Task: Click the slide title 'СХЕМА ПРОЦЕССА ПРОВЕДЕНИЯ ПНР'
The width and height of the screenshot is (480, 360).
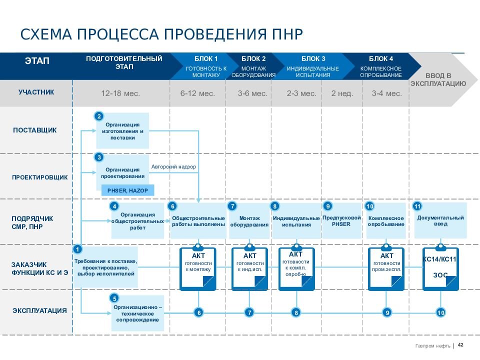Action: [161, 35]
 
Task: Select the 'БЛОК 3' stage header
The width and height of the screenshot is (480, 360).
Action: [313, 59]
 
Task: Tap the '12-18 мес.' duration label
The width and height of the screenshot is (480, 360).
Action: [120, 93]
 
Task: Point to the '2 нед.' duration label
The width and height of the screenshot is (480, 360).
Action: [342, 93]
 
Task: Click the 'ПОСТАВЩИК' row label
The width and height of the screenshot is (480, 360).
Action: [34, 130]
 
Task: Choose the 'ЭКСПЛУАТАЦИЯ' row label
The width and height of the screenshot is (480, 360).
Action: [39, 310]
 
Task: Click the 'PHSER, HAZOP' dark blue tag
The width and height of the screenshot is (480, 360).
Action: [127, 190]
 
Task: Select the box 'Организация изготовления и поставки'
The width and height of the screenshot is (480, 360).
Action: [122, 131]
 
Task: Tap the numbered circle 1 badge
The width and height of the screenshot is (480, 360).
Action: [78, 249]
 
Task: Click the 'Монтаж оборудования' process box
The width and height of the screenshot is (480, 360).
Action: [249, 221]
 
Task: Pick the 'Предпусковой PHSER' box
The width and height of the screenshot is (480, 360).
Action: [341, 221]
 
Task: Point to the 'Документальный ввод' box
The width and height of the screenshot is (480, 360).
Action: [440, 220]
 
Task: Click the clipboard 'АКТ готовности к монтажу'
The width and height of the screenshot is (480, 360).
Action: [198, 269]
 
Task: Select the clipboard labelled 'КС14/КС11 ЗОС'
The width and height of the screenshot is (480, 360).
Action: [440, 269]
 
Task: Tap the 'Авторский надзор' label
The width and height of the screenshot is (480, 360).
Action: [173, 166]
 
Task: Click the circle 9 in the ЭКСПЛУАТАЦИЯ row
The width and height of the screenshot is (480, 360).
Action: [386, 313]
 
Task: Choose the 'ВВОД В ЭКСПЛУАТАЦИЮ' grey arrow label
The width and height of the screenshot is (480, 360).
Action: [438, 79]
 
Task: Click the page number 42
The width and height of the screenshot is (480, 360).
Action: [461, 344]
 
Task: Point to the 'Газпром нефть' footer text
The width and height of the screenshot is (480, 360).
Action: [432, 345]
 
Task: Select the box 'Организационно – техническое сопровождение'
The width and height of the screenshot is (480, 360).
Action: [137, 313]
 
